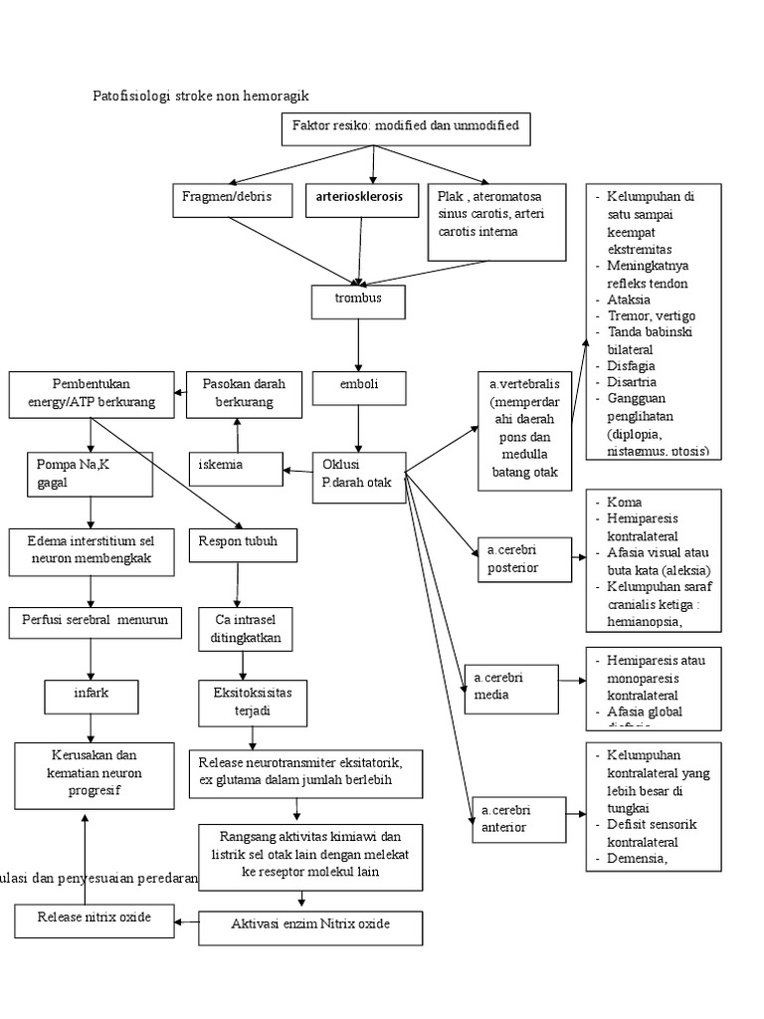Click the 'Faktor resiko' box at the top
coord(406,129)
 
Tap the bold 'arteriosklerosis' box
coord(360,198)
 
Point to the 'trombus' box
coord(359,299)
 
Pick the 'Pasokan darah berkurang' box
coord(236,393)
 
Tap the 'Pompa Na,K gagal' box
coord(91,474)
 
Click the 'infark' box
coord(91,694)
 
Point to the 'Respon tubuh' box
coord(237,543)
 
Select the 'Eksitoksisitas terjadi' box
coord(253,701)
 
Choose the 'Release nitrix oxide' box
coord(94,918)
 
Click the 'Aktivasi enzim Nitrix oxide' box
coord(310,926)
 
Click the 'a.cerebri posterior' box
coord(524,558)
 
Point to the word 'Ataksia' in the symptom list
coord(629,299)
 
